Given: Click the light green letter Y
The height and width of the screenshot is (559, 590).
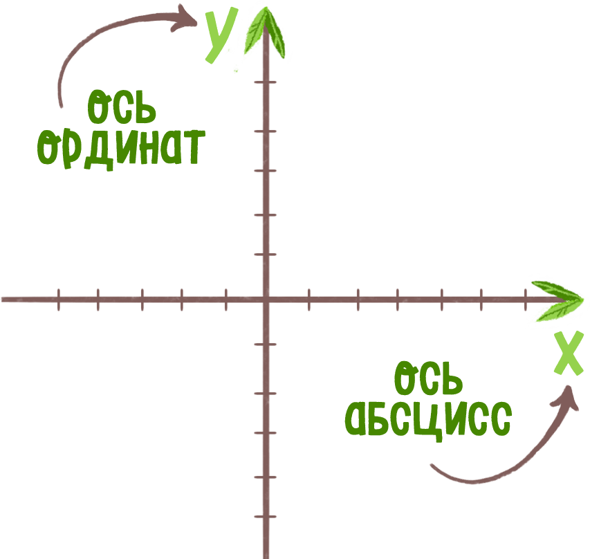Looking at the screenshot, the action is [x=221, y=36].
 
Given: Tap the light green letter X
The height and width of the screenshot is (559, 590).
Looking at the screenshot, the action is [x=569, y=353].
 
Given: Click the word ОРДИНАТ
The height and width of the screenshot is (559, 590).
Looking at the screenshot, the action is [x=121, y=149].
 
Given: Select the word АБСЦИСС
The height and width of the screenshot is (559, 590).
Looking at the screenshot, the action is [x=429, y=420].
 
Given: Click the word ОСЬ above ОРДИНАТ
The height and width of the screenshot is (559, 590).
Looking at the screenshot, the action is [x=122, y=107].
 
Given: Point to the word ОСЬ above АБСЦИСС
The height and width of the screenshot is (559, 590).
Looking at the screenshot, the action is [x=429, y=378].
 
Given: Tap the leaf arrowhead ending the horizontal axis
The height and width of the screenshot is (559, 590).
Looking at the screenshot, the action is [x=557, y=301].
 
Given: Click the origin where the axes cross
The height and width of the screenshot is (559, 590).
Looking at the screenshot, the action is [x=266, y=300].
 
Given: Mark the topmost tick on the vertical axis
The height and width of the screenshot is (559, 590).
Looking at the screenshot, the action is [x=266, y=82].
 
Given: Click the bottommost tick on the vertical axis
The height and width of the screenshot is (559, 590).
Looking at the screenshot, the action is [x=266, y=517].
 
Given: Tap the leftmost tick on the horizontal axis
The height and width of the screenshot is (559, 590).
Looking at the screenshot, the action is [x=59, y=300].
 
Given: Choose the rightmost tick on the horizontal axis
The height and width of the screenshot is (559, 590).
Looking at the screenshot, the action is [x=525, y=300].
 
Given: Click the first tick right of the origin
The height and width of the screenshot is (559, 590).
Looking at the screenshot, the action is [x=309, y=300].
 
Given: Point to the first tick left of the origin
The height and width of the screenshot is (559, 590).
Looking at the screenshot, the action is [x=225, y=300].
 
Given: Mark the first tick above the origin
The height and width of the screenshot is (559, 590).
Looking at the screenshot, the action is [x=266, y=255].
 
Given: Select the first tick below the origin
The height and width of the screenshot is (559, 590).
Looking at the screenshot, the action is [x=266, y=345].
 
